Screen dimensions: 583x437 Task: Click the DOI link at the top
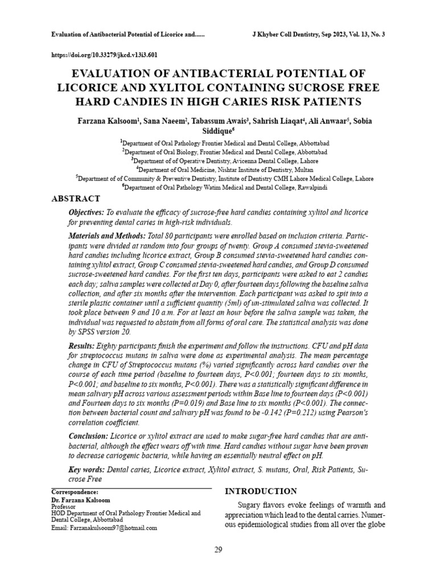104,55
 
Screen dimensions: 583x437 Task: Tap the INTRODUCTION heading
261,491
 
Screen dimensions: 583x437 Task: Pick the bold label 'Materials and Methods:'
106,235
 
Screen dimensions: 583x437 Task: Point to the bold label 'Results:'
81,346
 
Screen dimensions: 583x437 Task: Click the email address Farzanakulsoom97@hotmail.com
113,528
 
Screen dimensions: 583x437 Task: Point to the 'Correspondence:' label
75,491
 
